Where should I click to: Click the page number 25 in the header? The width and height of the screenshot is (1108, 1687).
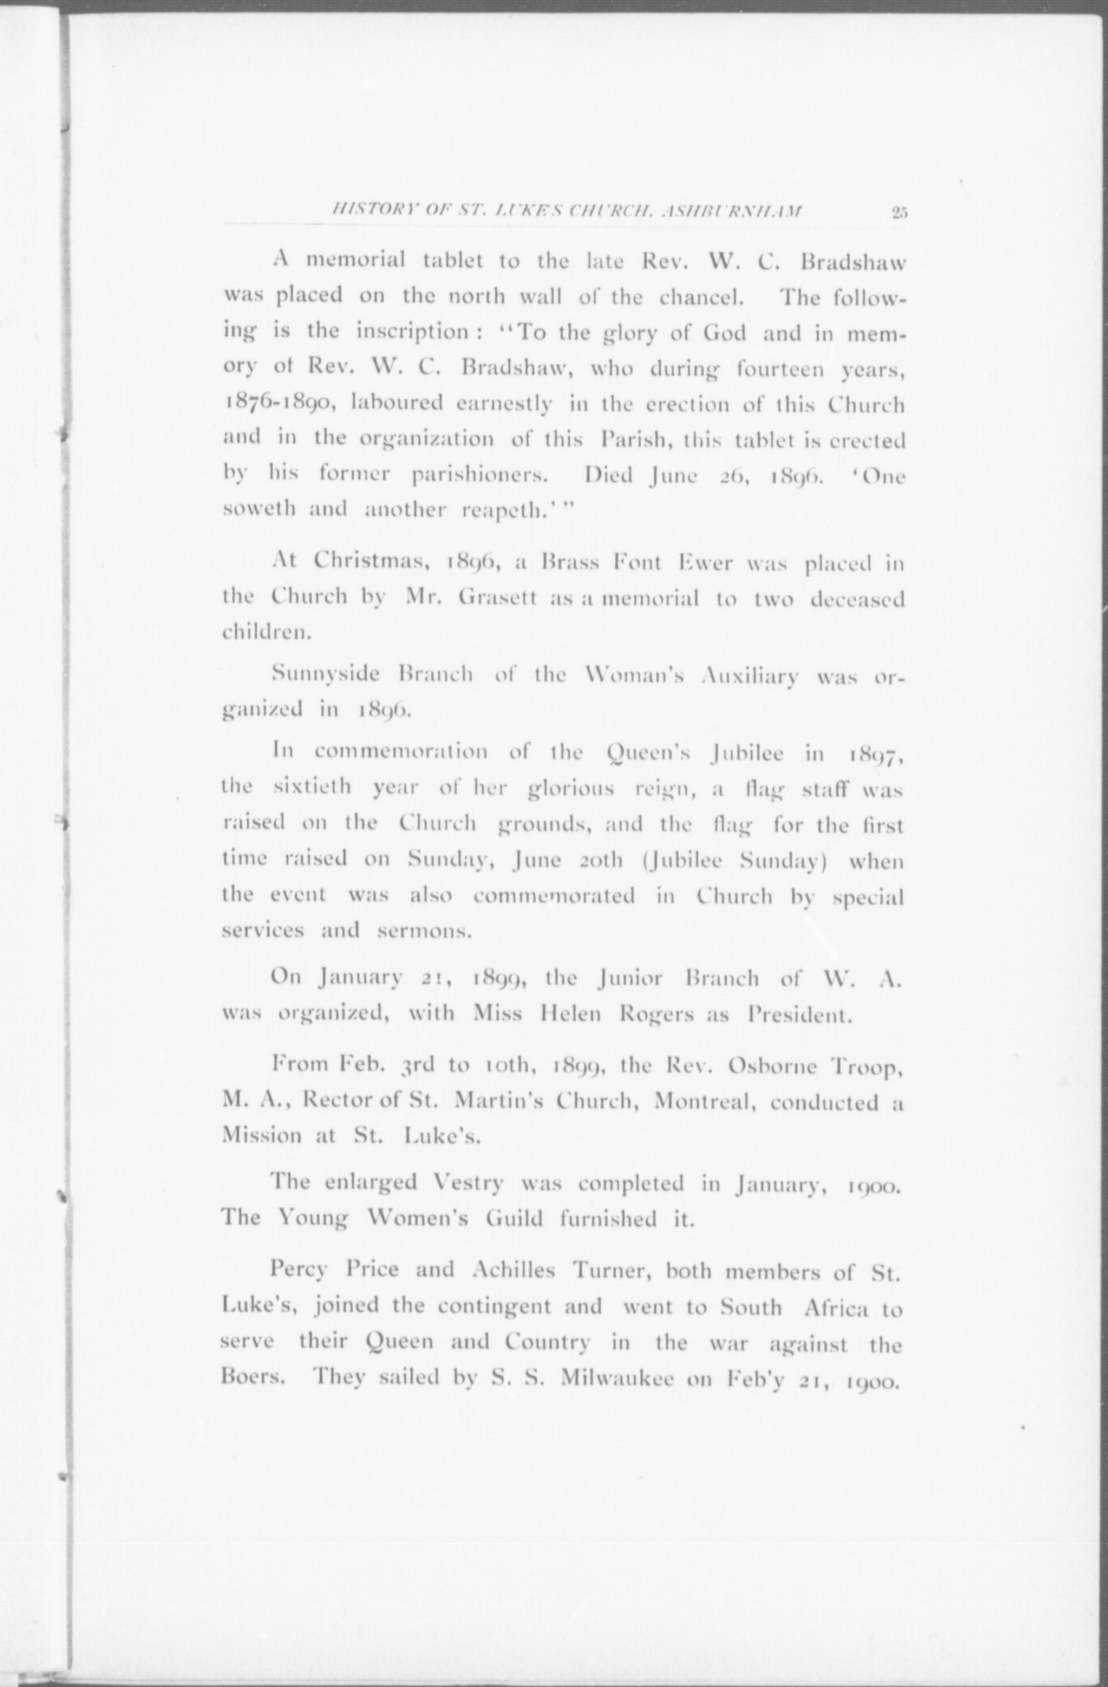899,212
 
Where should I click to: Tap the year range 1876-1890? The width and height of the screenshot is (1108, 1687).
274,404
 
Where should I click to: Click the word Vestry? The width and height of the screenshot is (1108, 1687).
466,1182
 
